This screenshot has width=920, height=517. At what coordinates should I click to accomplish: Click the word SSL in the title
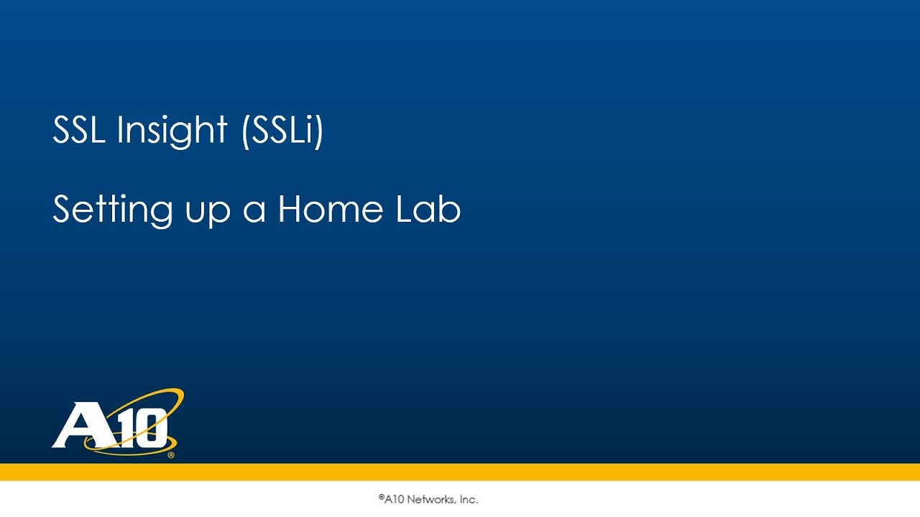[x=78, y=131]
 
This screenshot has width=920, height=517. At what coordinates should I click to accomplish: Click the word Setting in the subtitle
[x=113, y=210]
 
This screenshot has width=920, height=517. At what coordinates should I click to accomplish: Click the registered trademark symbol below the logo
[x=170, y=455]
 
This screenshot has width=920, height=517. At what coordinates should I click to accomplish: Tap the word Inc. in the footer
[x=467, y=500]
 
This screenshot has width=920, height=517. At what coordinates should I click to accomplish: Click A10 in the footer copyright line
[x=394, y=500]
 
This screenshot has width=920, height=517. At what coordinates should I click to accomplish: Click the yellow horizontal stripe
[x=460, y=472]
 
